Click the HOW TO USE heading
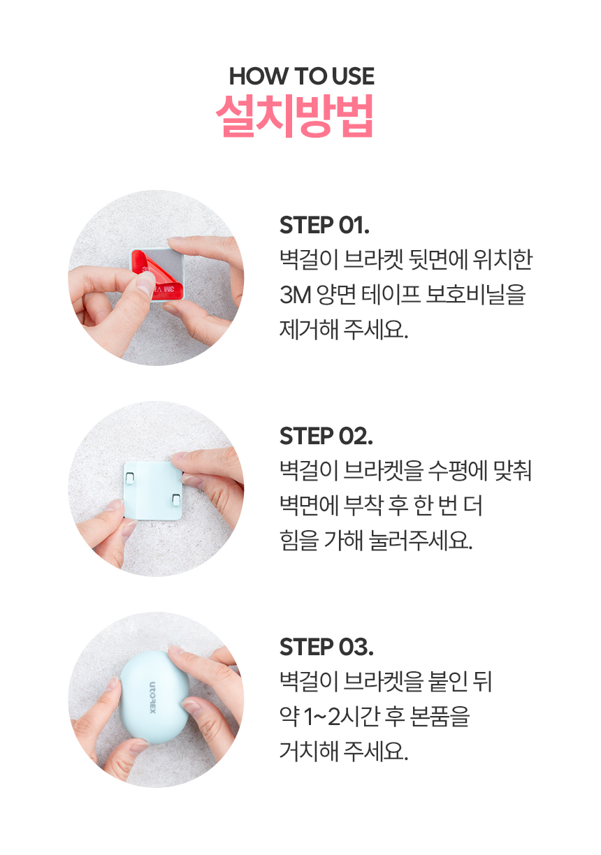tap(301, 76)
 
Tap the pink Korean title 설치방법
tap(294, 116)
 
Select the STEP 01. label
tap(324, 225)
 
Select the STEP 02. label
tap(326, 436)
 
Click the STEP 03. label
tap(326, 647)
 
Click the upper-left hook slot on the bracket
tap(129, 476)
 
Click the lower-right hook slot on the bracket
tap(176, 499)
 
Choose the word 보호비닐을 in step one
tap(476, 295)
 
